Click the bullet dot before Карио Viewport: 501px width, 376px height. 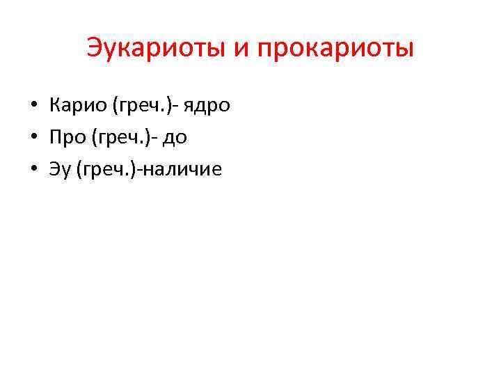coord(33,107)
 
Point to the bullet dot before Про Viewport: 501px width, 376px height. coord(33,138)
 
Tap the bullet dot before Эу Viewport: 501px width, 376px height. coord(33,169)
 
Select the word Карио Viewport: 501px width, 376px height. coord(73,106)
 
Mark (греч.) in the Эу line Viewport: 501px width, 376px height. coord(105,169)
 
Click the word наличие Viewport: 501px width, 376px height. coord(181,169)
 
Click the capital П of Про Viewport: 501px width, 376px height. coord(55,137)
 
